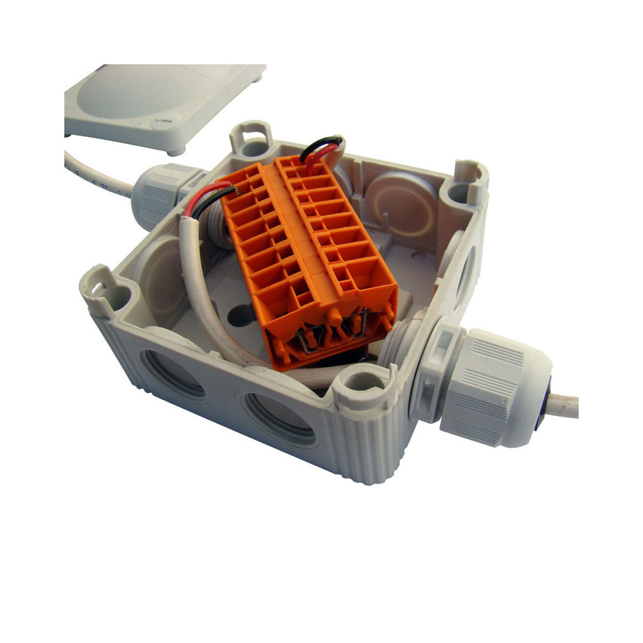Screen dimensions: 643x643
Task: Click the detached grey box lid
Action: pos(161,103)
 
